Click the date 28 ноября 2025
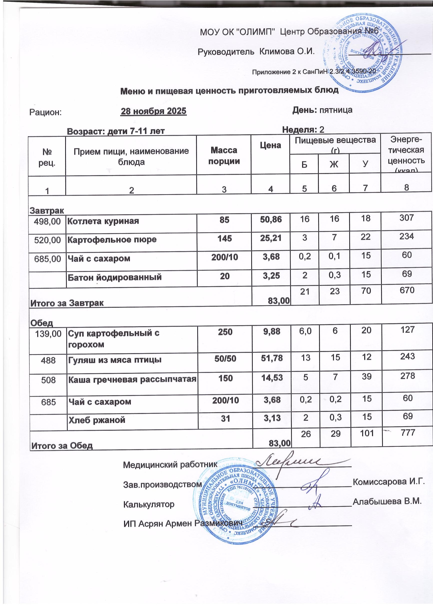154,111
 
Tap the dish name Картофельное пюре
112,239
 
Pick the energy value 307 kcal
407,218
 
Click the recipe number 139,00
48,334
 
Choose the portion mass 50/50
225,358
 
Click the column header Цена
271,145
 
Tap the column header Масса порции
224,156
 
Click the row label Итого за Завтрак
67,303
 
